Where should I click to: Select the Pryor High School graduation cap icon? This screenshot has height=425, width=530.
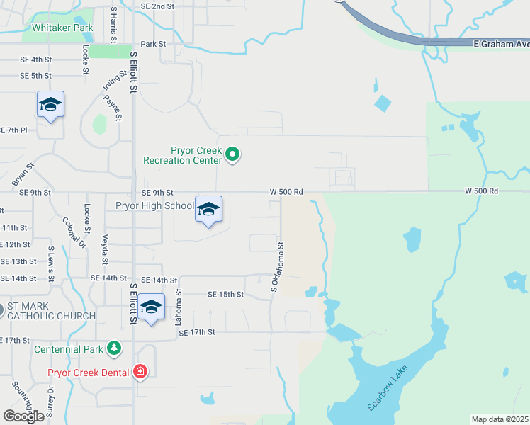[208, 209]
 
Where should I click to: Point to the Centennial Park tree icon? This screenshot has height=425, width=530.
[113, 348]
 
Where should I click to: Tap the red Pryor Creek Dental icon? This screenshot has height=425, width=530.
[140, 372]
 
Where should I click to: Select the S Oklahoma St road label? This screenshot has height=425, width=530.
[276, 268]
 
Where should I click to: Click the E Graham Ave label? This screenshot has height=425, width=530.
[501, 44]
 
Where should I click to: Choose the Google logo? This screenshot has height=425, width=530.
[24, 416]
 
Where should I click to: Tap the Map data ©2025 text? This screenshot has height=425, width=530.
[500, 419]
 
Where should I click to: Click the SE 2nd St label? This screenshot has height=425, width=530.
[157, 6]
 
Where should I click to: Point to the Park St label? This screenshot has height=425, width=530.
[152, 44]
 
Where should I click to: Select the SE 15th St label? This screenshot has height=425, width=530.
[225, 295]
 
